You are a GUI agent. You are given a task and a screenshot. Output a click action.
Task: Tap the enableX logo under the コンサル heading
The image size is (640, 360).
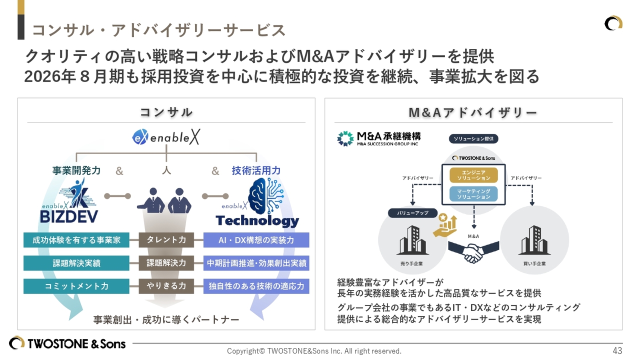pyautogui.click(x=165, y=137)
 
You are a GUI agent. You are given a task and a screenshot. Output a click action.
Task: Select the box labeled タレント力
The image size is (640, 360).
pyautogui.click(x=166, y=240)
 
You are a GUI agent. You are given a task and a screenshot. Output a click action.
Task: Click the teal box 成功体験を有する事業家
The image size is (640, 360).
pyautogui.click(x=76, y=240)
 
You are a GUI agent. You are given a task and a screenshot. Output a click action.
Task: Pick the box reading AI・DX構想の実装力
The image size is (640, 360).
pyautogui.click(x=256, y=240)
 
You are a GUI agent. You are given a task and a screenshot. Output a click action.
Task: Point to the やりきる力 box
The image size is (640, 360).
pyautogui.click(x=166, y=286)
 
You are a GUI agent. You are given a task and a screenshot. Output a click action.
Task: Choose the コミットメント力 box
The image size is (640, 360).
pyautogui.click(x=76, y=286)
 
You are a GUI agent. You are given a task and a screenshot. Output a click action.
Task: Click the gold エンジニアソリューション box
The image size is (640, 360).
pyautogui.click(x=473, y=175)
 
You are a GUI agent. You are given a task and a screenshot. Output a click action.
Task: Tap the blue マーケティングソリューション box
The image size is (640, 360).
pyautogui.click(x=473, y=194)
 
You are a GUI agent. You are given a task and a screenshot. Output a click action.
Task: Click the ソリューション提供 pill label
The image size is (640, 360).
pyautogui.click(x=473, y=138)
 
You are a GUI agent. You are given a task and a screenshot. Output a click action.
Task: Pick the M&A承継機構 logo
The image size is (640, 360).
pyautogui.click(x=379, y=138)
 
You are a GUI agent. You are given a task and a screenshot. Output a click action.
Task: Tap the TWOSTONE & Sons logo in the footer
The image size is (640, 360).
pyautogui.click(x=67, y=343)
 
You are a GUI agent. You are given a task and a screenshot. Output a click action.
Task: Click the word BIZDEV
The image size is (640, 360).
pyautogui.click(x=69, y=216)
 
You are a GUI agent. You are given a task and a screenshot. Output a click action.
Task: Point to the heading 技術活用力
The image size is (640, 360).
pyautogui.click(x=256, y=170)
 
